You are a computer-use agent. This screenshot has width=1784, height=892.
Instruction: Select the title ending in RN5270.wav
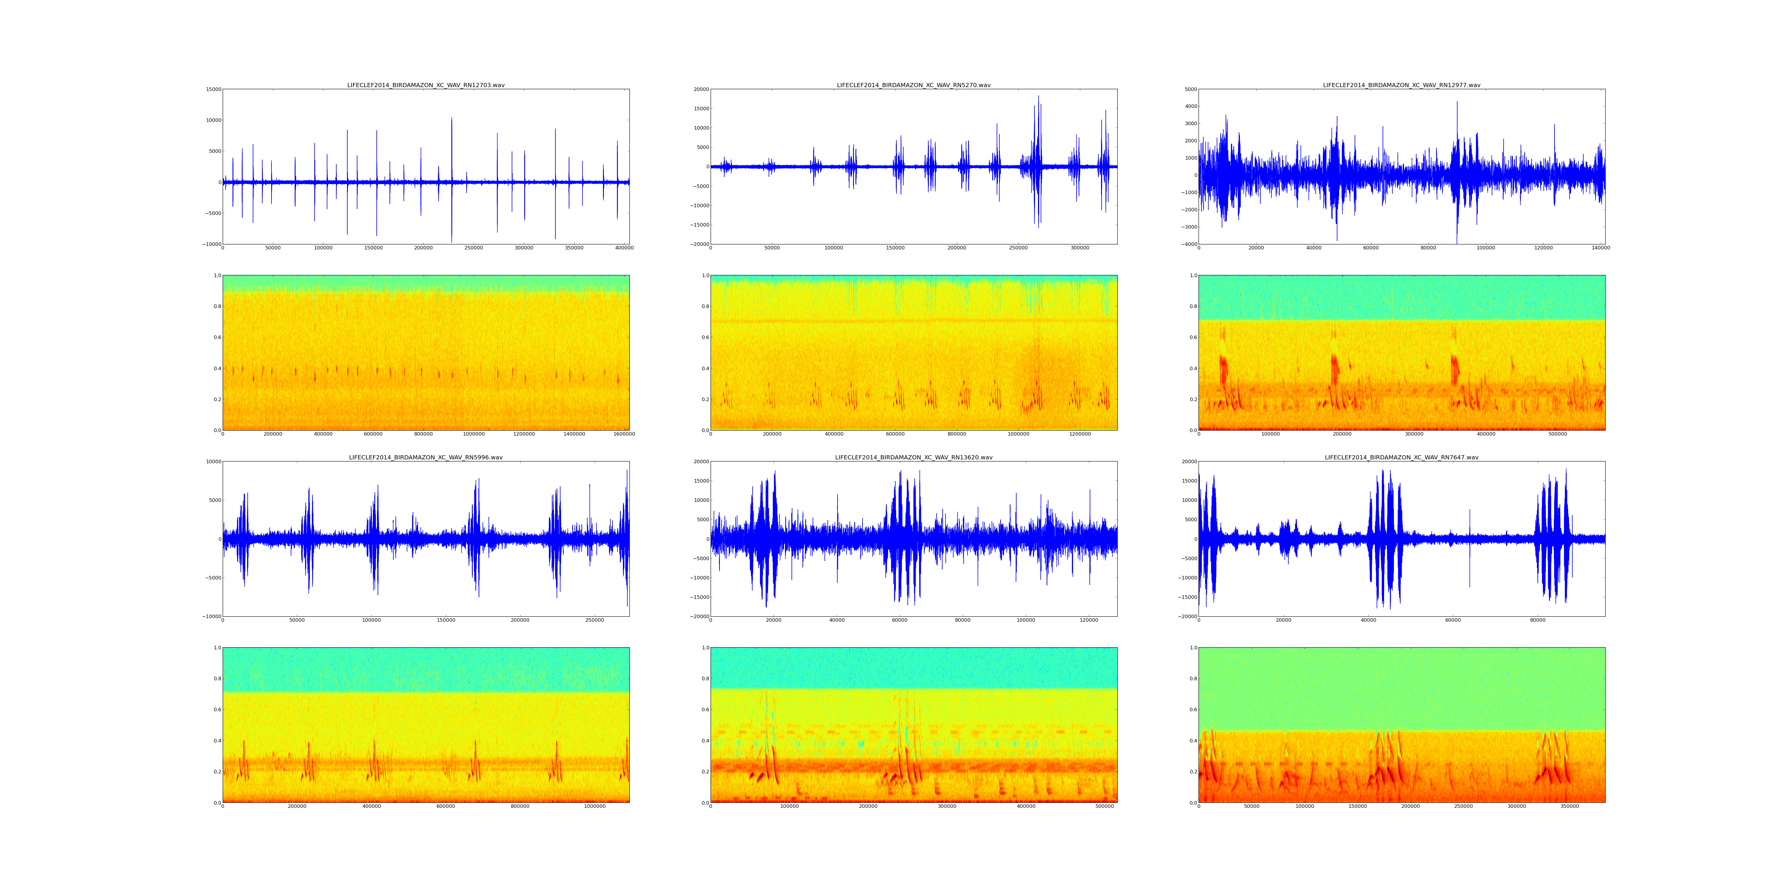click(913, 85)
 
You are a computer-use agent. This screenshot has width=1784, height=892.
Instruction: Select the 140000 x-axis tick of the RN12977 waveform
click(1601, 248)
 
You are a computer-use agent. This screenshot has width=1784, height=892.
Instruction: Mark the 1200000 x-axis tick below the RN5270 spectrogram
click(1080, 434)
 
